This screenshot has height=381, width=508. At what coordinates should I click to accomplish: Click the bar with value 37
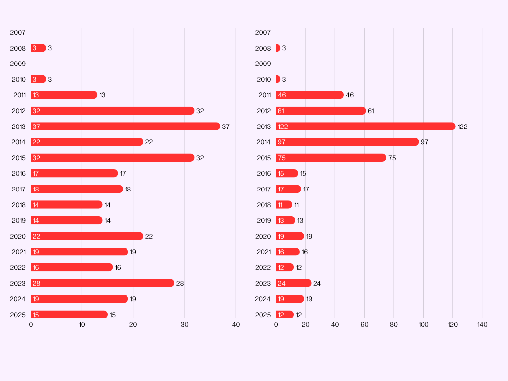coord(125,127)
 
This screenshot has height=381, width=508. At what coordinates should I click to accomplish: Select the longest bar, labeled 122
coord(366,127)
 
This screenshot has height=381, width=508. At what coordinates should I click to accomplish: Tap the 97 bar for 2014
coord(347,142)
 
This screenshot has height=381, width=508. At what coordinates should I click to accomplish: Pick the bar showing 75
coord(331,158)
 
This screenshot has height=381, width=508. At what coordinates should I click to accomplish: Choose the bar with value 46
coord(310,95)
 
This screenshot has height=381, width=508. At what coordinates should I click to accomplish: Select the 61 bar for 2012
coord(320,111)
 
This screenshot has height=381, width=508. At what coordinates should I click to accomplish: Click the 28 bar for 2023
coord(102,283)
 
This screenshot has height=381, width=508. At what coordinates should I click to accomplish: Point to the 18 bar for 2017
coord(76,189)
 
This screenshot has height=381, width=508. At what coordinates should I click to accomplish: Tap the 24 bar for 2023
coord(293,283)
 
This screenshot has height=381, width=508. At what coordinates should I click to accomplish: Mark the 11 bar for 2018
coord(284,205)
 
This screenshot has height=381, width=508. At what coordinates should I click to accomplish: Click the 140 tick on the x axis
coord(482,325)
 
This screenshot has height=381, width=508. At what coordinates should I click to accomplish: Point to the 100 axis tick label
coord(423,325)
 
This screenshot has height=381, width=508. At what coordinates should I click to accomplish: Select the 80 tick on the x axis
coord(394,325)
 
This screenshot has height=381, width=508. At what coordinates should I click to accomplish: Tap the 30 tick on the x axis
coord(185,325)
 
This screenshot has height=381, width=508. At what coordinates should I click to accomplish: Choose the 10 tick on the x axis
coord(82,325)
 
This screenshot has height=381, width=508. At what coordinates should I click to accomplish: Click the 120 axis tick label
coord(452,325)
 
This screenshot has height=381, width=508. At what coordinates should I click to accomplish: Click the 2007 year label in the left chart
coord(18,33)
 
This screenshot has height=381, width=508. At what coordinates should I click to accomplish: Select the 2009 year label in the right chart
coord(263,64)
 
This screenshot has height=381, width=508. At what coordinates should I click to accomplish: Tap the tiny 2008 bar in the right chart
coord(278,48)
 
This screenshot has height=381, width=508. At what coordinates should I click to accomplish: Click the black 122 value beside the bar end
coord(462,127)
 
